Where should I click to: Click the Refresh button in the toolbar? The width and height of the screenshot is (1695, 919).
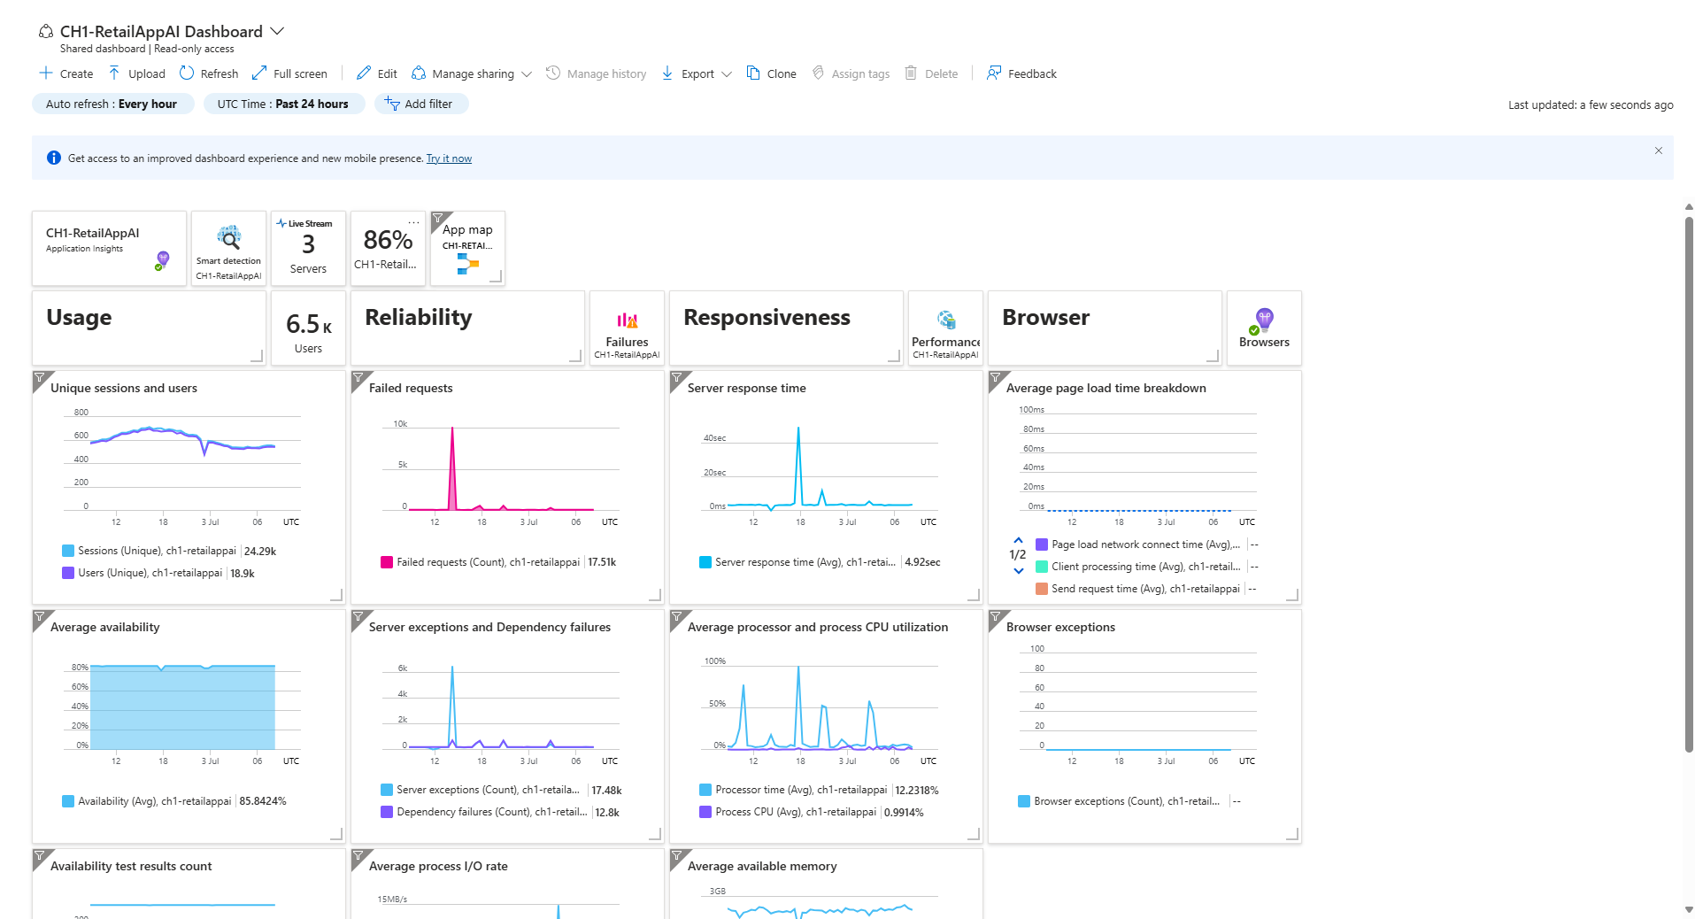(209, 73)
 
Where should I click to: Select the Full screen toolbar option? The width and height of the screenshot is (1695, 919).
(289, 73)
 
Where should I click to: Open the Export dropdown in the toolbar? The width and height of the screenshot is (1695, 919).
(697, 73)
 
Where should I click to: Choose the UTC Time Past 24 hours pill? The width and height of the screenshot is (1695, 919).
(283, 104)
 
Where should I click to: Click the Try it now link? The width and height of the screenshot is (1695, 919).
(449, 158)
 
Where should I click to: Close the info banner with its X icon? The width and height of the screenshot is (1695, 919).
(1658, 151)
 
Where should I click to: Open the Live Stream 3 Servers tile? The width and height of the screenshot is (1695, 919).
(308, 248)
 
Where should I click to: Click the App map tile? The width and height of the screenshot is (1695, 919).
(467, 248)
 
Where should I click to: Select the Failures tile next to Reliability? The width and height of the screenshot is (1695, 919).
(627, 328)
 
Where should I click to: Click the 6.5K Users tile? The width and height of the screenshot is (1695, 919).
(308, 328)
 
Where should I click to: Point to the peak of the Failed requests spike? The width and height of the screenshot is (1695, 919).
(452, 429)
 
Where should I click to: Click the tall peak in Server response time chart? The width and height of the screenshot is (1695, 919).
(798, 429)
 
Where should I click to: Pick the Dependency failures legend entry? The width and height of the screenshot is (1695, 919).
(490, 812)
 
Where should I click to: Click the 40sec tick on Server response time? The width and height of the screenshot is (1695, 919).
(714, 438)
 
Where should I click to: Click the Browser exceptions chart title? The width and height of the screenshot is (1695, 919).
(1060, 627)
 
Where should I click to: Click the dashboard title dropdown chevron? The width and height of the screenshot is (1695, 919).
(277, 31)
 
